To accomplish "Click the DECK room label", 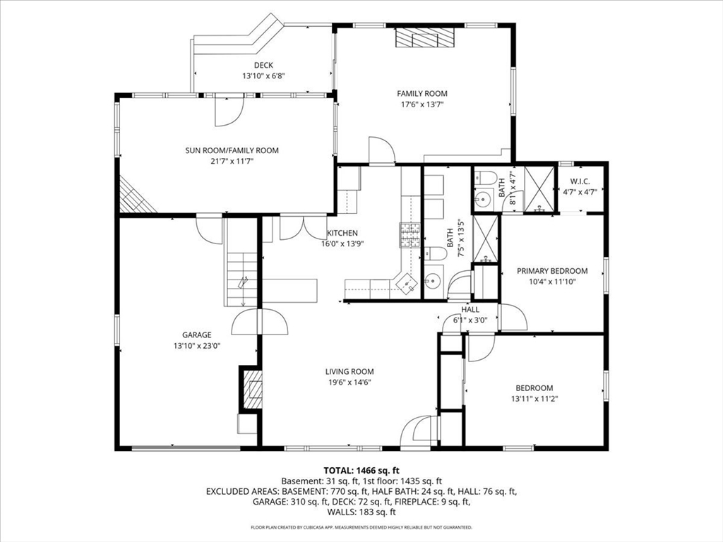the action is (263, 66).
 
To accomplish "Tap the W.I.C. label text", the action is (580, 181).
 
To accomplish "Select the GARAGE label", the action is (197, 335).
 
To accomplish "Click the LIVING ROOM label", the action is (349, 371).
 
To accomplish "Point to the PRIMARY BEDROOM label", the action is (552, 271).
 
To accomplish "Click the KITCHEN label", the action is (342, 233).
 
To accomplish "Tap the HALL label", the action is (470, 310).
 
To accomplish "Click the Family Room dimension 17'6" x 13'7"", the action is (422, 104).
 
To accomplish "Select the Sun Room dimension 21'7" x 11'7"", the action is (232, 162).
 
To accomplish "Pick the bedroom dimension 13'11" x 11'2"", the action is (534, 399).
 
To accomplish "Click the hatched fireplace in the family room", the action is (424, 37).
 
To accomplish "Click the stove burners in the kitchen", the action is (410, 236).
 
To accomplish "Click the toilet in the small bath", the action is (484, 177).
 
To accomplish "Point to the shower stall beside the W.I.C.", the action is (539, 189).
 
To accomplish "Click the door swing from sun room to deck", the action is (229, 111).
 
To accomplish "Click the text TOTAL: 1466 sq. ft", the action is (361, 471).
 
